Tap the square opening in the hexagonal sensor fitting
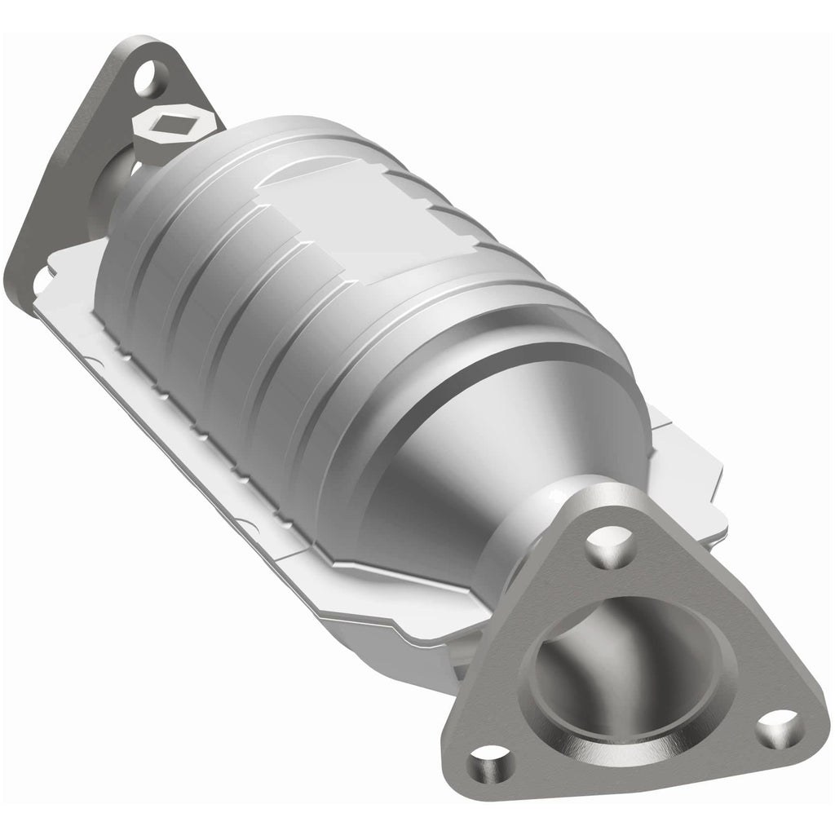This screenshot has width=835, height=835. (x=173, y=123)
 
